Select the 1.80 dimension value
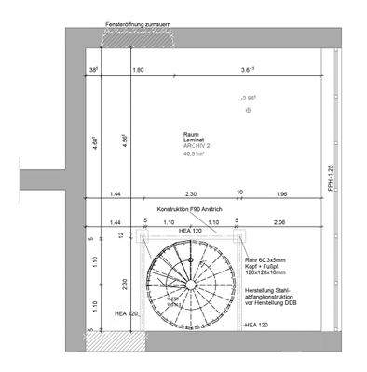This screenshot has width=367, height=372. (138, 71)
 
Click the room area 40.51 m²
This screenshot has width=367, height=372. (197, 153)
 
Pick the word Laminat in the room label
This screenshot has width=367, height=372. (195, 139)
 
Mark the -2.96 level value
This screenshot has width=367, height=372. (248, 98)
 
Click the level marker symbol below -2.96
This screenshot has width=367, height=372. (248, 110)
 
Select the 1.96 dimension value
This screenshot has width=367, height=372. (281, 193)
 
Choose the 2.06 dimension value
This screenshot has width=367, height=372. (281, 223)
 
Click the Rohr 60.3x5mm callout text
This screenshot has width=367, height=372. (265, 260)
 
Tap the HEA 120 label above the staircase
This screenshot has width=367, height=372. (192, 231)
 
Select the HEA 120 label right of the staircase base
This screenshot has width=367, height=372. (258, 325)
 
